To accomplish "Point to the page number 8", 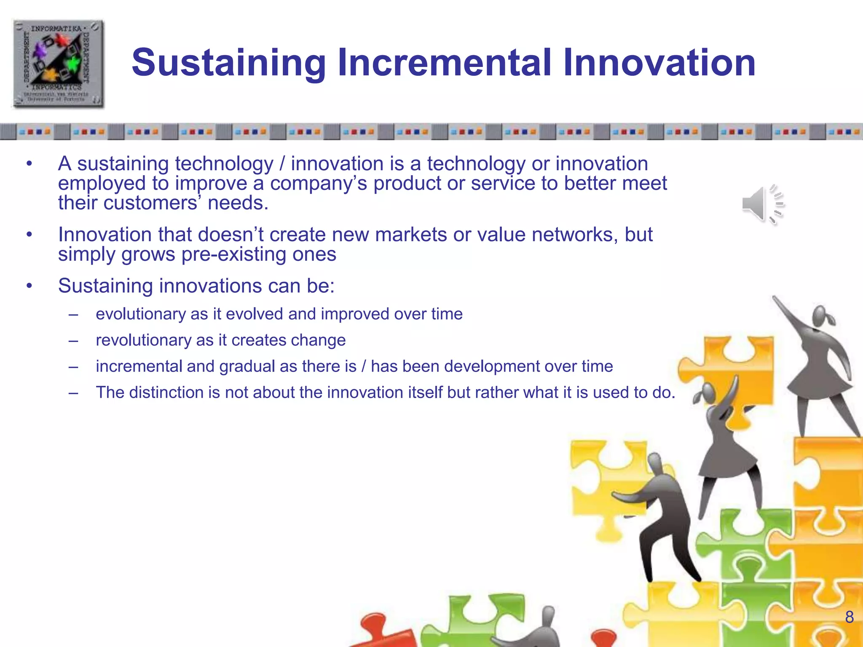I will click(x=849, y=617).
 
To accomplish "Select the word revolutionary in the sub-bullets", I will click(x=143, y=340).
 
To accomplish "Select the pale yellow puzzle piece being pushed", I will click(x=607, y=484).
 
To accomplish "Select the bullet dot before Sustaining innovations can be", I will click(x=29, y=286).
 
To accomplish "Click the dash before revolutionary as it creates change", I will click(x=73, y=340).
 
